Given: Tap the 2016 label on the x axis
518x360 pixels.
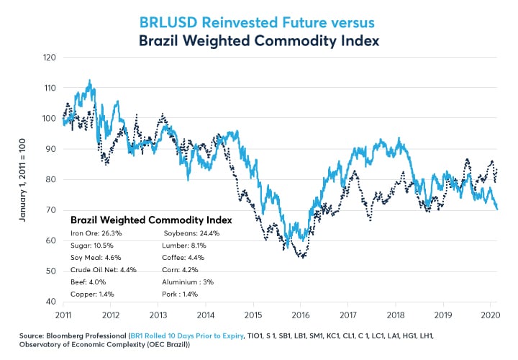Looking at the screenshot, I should click(301, 315).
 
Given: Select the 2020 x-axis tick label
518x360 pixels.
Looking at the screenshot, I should click(491, 315).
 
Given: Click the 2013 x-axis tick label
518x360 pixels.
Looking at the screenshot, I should click(158, 315).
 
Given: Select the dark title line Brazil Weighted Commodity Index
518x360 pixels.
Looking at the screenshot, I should click(258, 33).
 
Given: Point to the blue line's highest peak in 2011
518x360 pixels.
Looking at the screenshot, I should click(89, 80).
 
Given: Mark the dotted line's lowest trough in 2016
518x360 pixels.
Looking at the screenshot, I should click(301, 256).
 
